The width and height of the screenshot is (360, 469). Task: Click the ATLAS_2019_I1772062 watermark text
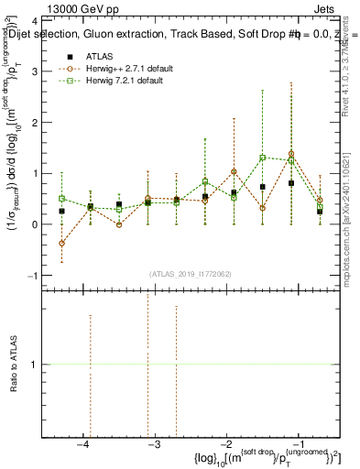[190, 274]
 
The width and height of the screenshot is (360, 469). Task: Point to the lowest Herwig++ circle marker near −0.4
[61, 243]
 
